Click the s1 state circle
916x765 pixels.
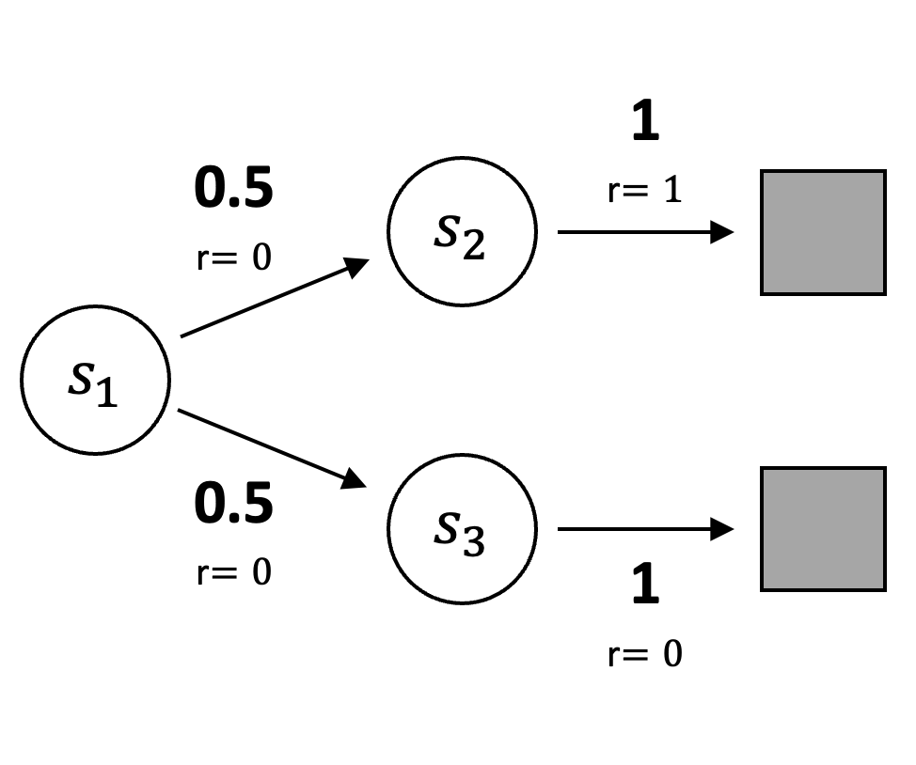[95, 380]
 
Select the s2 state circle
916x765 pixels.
[462, 231]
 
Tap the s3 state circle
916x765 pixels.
[462, 528]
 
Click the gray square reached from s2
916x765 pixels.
[823, 232]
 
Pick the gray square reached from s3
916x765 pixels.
[823, 529]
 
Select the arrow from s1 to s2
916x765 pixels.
[273, 298]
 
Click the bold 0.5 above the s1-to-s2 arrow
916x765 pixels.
[233, 188]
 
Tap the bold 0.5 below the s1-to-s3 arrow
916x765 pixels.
[233, 504]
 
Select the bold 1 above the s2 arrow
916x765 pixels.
[645, 123]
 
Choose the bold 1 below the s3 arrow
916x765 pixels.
[645, 585]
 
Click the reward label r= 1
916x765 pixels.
[644, 191]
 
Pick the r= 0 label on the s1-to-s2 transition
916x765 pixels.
[234, 257]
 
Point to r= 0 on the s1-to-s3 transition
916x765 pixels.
[234, 571]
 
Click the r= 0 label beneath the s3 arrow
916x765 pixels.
[644, 653]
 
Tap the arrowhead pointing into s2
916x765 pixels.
[355, 266]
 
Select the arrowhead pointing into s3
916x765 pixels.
[354, 480]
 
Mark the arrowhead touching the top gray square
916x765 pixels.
[722, 231]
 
